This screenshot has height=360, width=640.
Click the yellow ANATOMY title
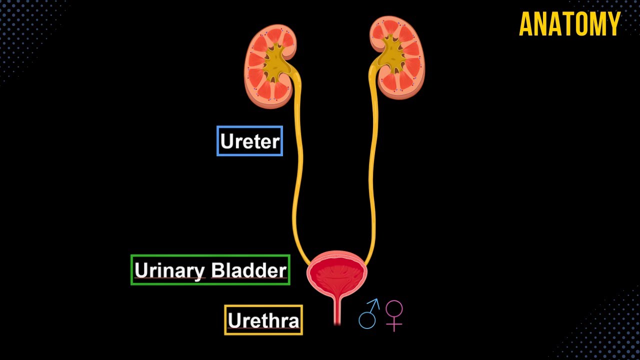[x=569, y=24]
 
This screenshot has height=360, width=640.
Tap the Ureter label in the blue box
[x=249, y=141]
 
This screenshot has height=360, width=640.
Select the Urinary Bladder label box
[x=210, y=270]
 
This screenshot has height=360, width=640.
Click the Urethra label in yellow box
[x=263, y=320]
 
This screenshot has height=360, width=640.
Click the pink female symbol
[x=394, y=315]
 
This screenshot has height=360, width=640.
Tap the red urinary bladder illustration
[x=337, y=275]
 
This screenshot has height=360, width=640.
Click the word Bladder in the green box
[x=248, y=270]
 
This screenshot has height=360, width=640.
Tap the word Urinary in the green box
[x=170, y=270]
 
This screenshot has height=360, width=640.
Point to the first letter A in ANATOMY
[x=525, y=24]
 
